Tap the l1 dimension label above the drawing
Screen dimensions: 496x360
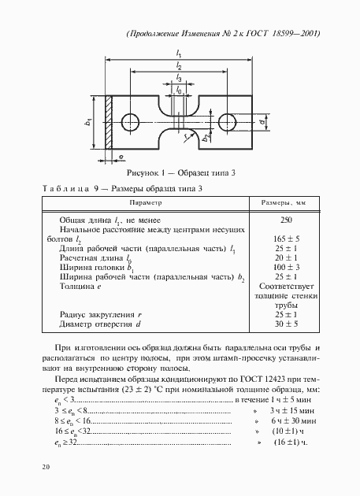coord(180,54)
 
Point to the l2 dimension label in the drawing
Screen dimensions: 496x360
coord(180,67)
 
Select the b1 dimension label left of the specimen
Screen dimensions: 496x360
coord(88,121)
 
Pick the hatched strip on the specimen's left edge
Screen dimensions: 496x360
coord(111,121)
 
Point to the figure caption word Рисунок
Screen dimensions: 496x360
coord(143,172)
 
